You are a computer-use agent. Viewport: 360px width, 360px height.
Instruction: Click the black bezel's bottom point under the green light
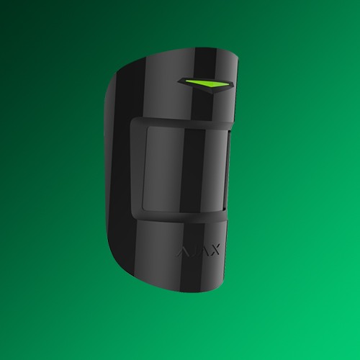[x=212, y=94]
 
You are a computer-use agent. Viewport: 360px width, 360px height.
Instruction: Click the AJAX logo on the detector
[x=199, y=251]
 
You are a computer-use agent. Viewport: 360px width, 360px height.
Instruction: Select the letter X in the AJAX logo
[x=214, y=251]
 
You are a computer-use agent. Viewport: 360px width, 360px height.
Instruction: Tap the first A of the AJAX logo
[x=183, y=251]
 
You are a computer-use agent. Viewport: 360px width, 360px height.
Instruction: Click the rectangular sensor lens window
[x=185, y=169]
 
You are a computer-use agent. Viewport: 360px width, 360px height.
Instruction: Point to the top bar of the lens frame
[x=181, y=122]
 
